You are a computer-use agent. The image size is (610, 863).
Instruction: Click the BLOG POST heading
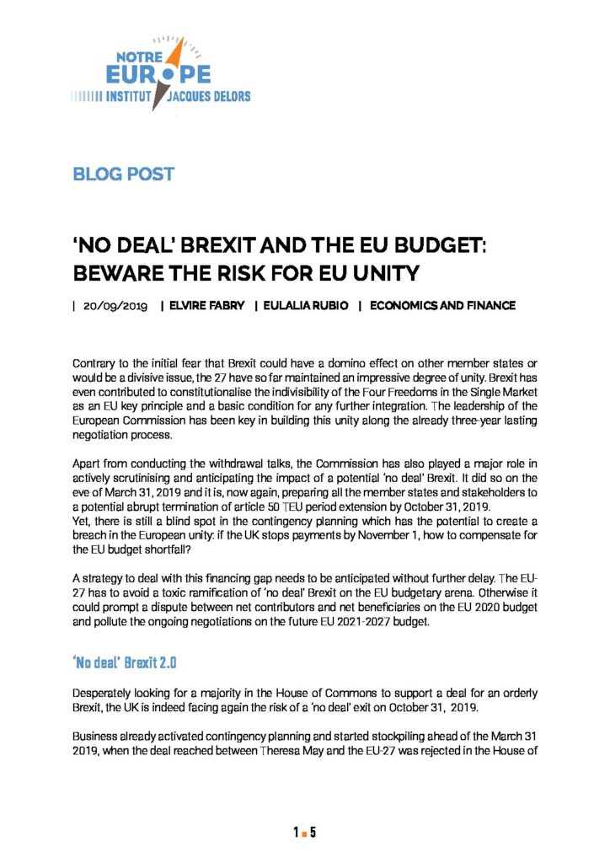pyautogui.click(x=124, y=174)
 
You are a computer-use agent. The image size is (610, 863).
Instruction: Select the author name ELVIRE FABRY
pyautogui.click(x=207, y=306)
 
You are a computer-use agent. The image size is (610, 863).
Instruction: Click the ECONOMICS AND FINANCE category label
pyautogui.click(x=442, y=306)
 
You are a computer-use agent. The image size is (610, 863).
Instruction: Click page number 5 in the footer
pyautogui.click(x=313, y=834)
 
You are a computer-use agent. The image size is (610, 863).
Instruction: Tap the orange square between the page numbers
pyautogui.click(x=304, y=834)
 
